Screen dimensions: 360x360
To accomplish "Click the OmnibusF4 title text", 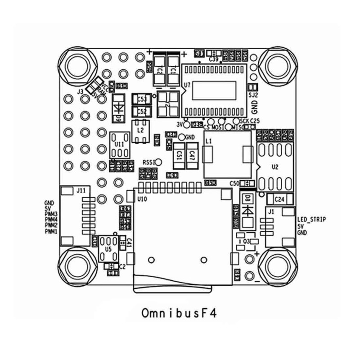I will click(x=180, y=312).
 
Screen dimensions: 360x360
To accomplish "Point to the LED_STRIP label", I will click(x=312, y=219).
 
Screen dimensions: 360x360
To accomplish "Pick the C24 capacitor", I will click(x=279, y=198).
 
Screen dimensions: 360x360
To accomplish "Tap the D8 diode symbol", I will click(x=246, y=211).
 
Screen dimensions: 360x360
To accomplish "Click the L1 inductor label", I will click(x=208, y=141).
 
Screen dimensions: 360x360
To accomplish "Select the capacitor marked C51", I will click(x=179, y=155).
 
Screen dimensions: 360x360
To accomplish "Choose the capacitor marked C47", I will click(x=192, y=155).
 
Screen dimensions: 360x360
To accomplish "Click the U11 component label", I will click(x=119, y=144).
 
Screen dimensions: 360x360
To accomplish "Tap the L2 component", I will click(x=140, y=130).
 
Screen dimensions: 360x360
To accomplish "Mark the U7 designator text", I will click(x=187, y=85).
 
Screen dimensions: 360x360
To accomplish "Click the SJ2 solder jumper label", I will click(x=253, y=95).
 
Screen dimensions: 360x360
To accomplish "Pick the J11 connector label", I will click(x=81, y=191).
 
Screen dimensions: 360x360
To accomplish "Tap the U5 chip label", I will click(x=108, y=248).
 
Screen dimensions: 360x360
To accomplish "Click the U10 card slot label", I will click(x=142, y=198).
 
